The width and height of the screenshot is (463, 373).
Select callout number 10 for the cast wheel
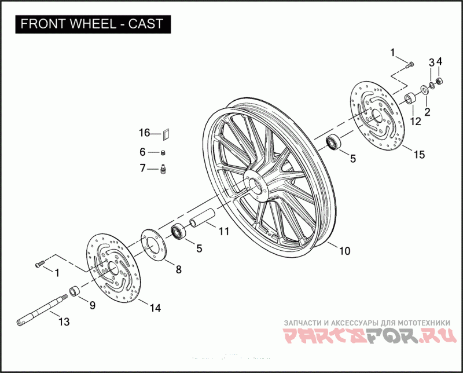(344, 251)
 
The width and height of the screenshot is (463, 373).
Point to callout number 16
(144, 133)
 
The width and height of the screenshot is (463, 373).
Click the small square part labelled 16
(165, 133)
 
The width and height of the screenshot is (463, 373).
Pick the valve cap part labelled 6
(164, 152)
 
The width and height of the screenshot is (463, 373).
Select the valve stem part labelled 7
(163, 169)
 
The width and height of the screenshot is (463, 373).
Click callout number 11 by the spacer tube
(223, 231)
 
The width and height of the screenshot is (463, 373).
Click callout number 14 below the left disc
(155, 308)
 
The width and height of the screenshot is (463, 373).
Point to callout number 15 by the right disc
(418, 155)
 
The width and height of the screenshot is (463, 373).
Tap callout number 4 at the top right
(439, 61)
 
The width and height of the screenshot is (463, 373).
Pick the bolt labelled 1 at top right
(410, 64)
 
